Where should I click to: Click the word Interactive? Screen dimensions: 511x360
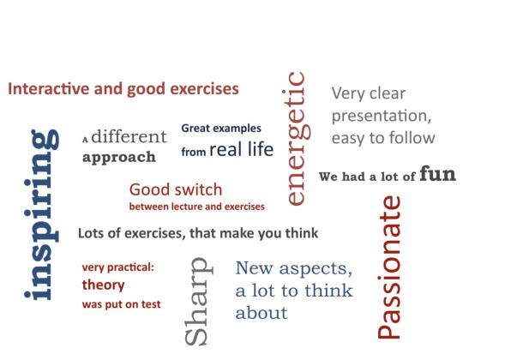coord(49,88)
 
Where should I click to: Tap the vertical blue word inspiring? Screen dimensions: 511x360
coord(41,214)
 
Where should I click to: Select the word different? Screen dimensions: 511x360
coord(129,136)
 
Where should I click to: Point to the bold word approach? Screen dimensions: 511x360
coord(119,158)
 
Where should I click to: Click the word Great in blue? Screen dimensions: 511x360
coord(195,128)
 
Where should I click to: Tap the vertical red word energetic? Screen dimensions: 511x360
coord(297,139)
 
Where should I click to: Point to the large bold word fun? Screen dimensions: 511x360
coord(437,174)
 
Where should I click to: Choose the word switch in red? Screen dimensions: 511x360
coord(201,189)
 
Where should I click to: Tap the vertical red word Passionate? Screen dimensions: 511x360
coord(389,267)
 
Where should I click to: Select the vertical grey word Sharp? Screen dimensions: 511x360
coord(198,302)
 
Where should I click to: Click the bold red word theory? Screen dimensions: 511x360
coord(103,285)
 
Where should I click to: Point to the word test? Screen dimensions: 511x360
coord(151,304)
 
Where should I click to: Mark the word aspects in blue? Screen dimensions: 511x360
coord(316,269)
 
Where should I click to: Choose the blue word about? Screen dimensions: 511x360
coord(262,313)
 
